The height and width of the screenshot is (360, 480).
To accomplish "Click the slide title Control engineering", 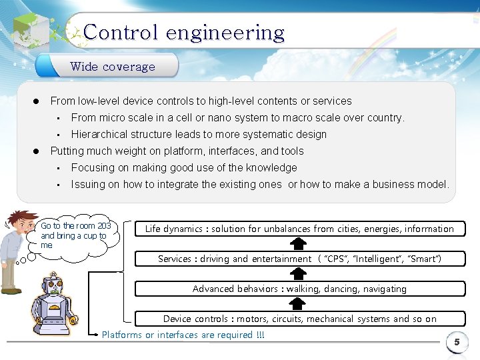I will [184, 33].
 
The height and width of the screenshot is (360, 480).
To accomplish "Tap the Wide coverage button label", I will [112, 67].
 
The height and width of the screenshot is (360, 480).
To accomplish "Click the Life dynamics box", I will [299, 229].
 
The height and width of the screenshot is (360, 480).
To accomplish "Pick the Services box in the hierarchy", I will [299, 259].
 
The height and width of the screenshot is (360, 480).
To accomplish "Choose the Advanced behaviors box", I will [299, 289].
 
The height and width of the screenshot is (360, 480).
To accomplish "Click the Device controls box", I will [299, 319].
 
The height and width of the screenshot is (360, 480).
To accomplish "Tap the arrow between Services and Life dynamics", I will [299, 244].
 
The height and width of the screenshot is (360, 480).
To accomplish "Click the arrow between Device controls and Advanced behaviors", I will [299, 304].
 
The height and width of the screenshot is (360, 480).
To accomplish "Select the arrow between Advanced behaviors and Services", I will [299, 274].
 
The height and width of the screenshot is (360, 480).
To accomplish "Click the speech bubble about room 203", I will [75, 235].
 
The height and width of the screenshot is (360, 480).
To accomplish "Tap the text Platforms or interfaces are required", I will [183, 335].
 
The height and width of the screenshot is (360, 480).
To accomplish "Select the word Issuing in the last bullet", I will [88, 184].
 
